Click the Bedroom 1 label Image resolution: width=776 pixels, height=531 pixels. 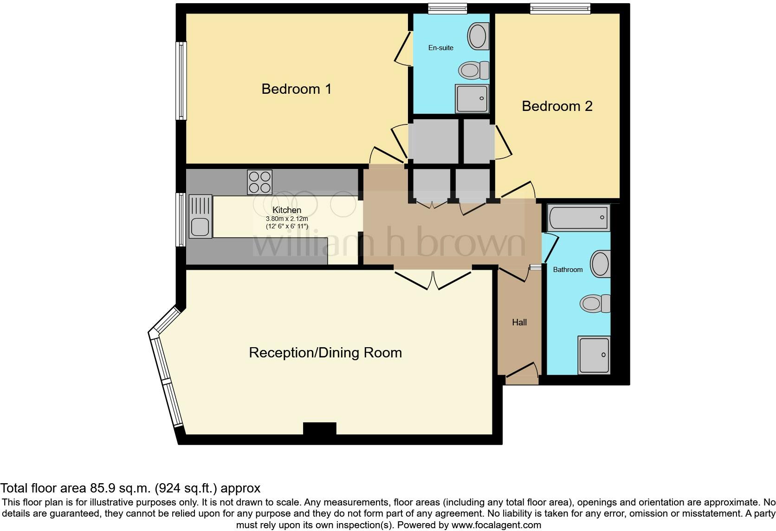click(296, 89)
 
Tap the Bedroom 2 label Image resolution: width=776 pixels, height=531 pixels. click(557, 106)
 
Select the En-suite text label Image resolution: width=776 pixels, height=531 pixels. click(440, 48)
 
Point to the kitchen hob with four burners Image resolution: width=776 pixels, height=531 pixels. click(260, 182)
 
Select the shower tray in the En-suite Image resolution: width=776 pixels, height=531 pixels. click(472, 98)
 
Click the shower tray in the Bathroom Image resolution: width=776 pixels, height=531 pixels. click(594, 355)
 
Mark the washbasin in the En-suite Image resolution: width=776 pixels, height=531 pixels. click(478, 36)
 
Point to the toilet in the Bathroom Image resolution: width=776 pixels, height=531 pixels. click(595, 304)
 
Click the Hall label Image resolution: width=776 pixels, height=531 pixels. click(519, 322)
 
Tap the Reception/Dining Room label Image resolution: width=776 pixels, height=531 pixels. click(325, 352)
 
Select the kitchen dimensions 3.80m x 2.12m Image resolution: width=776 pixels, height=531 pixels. click(287, 219)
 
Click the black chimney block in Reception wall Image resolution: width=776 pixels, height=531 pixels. click(319, 428)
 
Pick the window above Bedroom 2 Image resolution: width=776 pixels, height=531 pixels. click(560, 8)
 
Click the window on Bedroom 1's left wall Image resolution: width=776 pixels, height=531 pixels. click(181, 81)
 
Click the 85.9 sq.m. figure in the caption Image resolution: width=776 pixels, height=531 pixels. click(120, 488)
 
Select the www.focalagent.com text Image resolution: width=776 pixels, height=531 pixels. click(496, 525)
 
